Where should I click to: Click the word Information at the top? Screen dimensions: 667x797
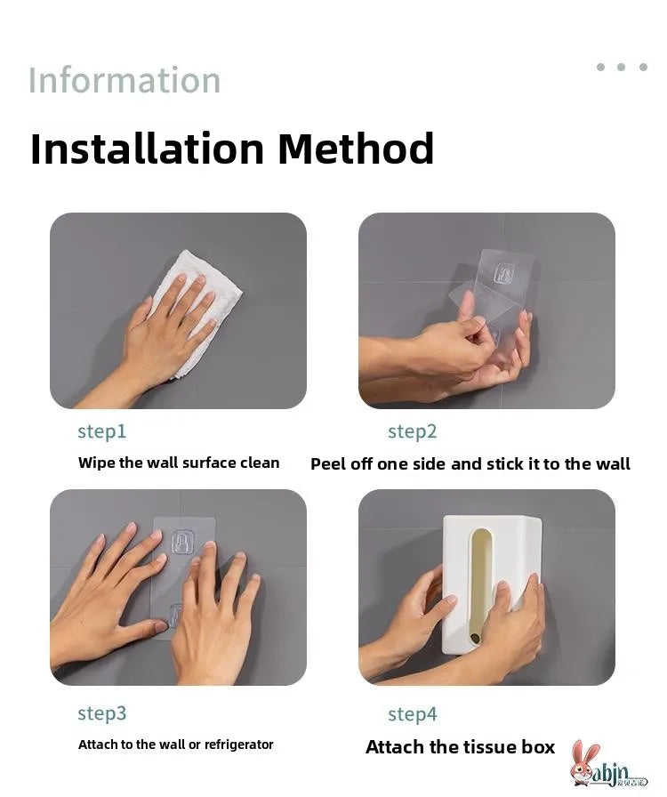click(125, 80)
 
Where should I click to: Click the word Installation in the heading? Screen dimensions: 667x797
click(147, 149)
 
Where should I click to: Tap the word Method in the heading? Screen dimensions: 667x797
click(356, 149)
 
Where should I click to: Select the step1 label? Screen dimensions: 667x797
click(101, 431)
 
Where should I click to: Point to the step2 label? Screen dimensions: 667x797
click(413, 431)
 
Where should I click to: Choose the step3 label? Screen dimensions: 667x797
click(101, 713)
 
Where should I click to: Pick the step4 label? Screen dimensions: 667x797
click(413, 714)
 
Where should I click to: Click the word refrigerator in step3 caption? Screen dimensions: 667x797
click(238, 745)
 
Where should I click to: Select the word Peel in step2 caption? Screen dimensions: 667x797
click(328, 464)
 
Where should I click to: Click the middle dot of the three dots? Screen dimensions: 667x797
click(622, 67)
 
